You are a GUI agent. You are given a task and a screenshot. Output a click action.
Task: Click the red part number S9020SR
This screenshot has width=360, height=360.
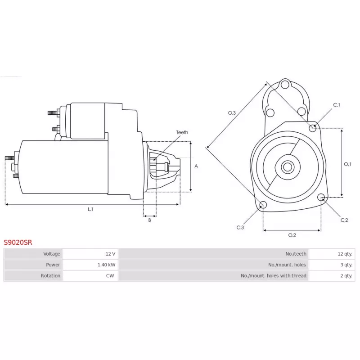click(18, 243)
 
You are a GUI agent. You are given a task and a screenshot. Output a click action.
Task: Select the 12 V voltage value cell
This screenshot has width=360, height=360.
click(90, 254)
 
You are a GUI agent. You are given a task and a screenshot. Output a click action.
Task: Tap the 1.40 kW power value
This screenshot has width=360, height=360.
click(106, 265)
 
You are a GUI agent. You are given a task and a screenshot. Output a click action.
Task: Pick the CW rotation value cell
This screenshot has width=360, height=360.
click(90, 275)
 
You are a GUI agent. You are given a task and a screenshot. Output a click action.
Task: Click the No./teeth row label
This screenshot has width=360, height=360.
click(296, 254)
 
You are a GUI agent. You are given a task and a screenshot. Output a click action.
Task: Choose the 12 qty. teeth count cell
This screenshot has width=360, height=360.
click(332, 254)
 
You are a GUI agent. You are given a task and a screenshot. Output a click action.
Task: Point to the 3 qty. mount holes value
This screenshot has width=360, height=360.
click(346, 265)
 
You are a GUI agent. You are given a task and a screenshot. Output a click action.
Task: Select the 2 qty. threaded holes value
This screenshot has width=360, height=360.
click(346, 275)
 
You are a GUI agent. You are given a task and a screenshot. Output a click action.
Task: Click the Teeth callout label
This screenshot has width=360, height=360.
click(182, 132)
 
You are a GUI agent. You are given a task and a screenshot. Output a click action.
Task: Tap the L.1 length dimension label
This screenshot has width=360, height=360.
click(90, 209)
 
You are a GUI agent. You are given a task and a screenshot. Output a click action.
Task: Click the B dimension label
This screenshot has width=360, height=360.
click(150, 220)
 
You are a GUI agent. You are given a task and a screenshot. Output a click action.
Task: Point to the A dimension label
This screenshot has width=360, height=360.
click(196, 166)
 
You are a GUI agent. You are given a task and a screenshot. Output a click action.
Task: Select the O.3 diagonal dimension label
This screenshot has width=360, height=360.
click(232, 113)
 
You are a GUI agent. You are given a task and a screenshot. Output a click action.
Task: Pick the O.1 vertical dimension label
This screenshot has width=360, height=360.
click(347, 164)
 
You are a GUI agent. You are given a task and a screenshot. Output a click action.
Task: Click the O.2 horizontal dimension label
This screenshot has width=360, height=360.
click(292, 235)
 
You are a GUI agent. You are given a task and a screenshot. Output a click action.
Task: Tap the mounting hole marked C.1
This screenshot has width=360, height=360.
click(313, 128)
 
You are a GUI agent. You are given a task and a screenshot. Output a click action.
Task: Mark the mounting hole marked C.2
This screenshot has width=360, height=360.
click(321, 197)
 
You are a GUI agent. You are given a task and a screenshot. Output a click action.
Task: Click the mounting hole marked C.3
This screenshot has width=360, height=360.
click(263, 205)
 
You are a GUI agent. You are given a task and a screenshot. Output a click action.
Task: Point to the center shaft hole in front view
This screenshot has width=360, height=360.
click(288, 167)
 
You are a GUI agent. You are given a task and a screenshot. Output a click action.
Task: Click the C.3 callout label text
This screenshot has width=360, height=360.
click(240, 228)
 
